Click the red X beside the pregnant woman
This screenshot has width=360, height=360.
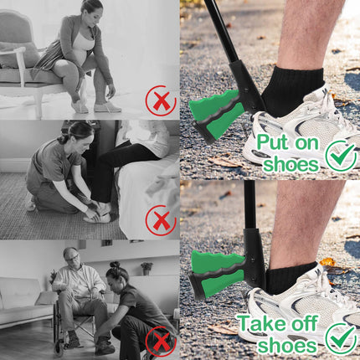pos(161,100)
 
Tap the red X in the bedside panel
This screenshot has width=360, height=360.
pos(161,220)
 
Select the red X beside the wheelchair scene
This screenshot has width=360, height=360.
pos(161,342)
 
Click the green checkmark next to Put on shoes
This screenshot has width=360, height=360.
pos(341,156)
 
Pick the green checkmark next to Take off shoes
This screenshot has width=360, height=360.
pos(341,338)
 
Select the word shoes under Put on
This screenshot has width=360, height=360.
pos(291,164)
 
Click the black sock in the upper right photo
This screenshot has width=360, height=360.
pos(291,90)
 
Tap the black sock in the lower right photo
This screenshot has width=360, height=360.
pos(291,277)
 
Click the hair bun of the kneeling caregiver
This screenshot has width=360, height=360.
pos(115,265)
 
